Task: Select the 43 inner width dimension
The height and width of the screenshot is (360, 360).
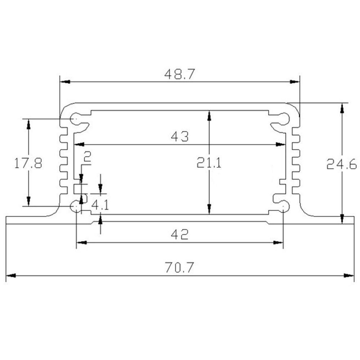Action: click(x=179, y=137)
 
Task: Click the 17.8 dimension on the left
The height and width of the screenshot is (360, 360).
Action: click(x=28, y=164)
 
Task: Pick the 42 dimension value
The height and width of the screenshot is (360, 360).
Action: click(x=179, y=235)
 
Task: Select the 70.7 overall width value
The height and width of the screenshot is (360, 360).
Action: click(x=179, y=268)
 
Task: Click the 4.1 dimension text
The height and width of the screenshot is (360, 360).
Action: click(x=100, y=206)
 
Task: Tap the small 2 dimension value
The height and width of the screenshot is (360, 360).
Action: click(x=87, y=157)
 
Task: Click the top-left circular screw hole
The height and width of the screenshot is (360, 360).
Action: click(x=76, y=118)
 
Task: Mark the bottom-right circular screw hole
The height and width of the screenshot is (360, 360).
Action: click(x=284, y=206)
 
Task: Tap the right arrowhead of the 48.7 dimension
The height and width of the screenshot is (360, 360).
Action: click(x=295, y=82)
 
